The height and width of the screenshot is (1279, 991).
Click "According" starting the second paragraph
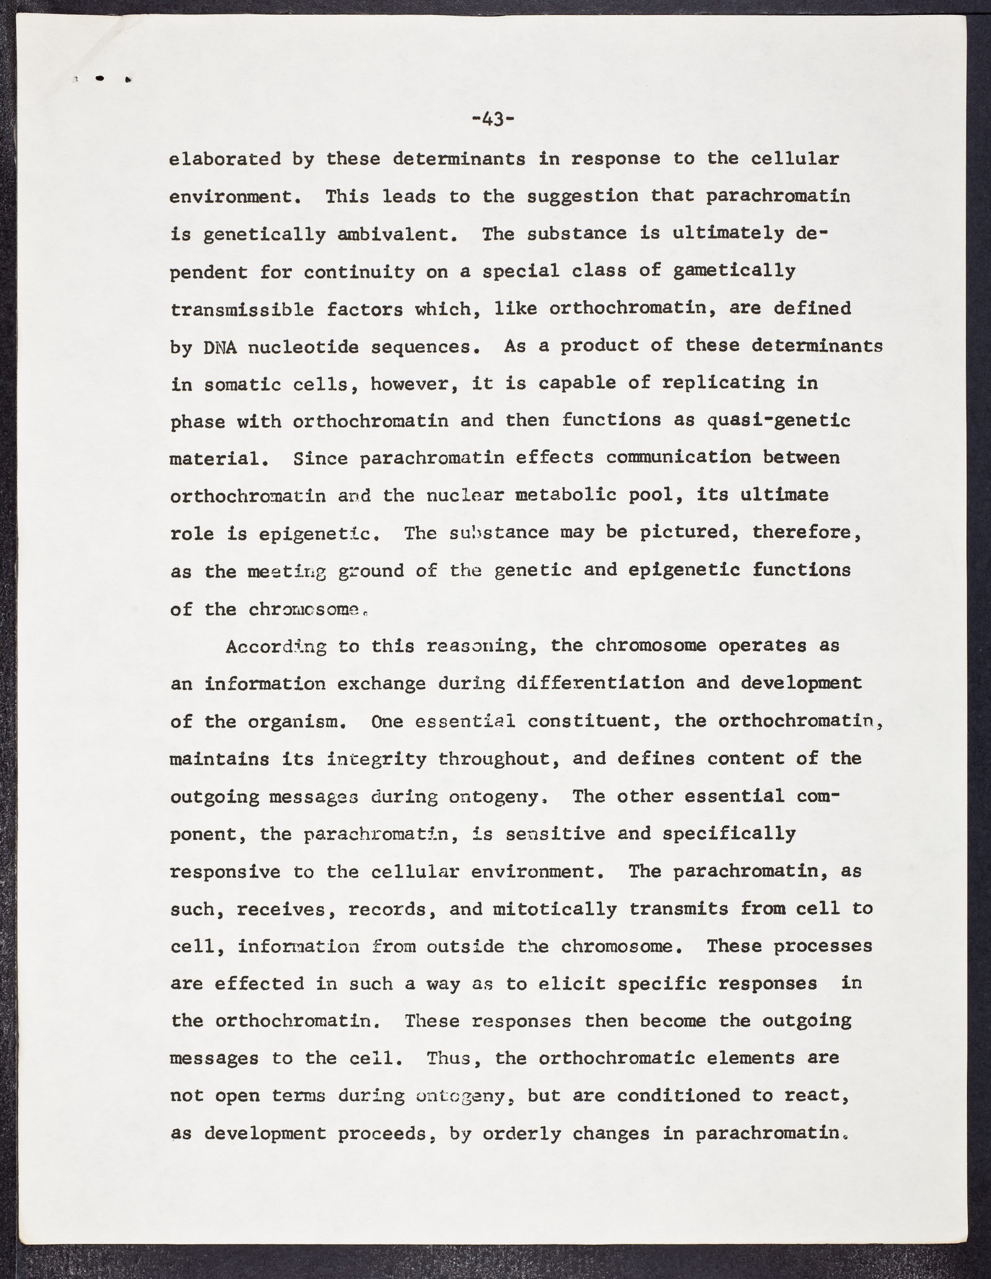[276, 646]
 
